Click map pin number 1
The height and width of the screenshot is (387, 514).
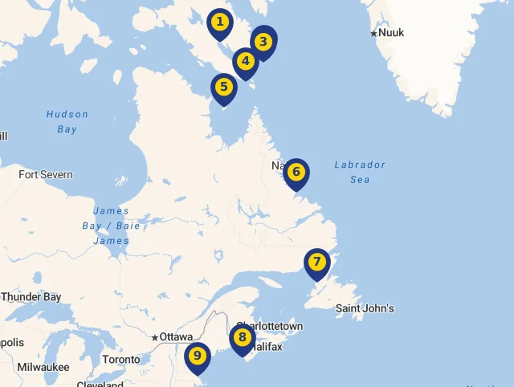click(x=219, y=22)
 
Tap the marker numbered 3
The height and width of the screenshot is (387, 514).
click(x=263, y=42)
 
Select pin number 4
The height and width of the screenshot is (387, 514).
click(x=245, y=61)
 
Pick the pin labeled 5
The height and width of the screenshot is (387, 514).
click(x=223, y=87)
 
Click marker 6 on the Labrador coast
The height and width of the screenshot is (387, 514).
click(x=296, y=172)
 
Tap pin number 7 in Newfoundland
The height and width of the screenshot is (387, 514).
click(x=317, y=263)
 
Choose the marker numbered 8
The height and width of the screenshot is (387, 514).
click(x=242, y=338)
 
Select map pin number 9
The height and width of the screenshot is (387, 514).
click(x=197, y=356)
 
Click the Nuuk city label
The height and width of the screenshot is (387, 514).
click(x=391, y=33)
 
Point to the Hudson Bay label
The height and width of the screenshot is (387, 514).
click(x=67, y=121)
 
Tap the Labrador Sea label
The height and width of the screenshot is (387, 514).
click(x=360, y=172)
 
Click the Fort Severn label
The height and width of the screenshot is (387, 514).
click(x=46, y=174)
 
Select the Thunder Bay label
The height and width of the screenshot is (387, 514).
click(x=31, y=297)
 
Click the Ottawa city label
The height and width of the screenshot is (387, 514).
click(x=176, y=337)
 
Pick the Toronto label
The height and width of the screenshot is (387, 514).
click(x=121, y=360)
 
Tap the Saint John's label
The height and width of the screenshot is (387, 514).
click(x=365, y=308)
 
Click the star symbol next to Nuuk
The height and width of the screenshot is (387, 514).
click(x=373, y=33)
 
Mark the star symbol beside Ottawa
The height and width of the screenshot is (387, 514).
click(x=155, y=337)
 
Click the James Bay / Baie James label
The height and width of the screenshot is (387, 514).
click(x=111, y=226)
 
